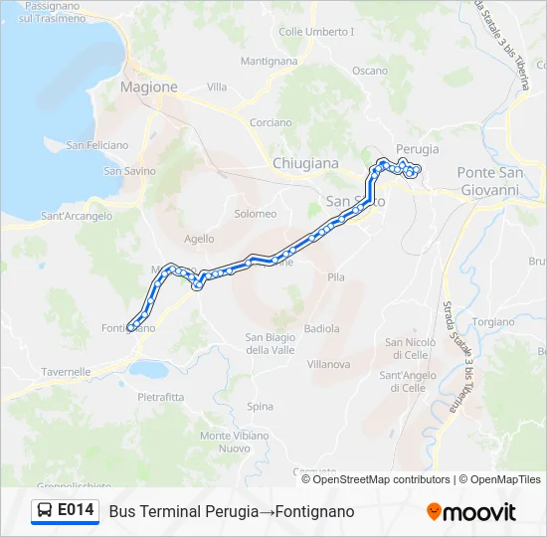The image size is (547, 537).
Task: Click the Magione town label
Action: pos(148,87)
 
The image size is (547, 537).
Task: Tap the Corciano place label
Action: pos(271,123)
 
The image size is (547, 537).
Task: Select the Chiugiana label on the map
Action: pos(305,163)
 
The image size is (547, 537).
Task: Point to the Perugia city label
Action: pos(416,149)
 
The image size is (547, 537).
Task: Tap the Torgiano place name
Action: pos(493,323)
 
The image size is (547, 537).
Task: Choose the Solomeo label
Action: pos(255,214)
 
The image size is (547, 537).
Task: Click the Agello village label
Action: pos(199,239)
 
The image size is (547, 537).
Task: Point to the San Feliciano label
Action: pos(96,145)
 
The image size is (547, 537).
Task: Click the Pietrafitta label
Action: pos(161,397)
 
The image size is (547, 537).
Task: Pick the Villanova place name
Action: pos(328,364)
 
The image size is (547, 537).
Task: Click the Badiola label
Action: pos(321,328)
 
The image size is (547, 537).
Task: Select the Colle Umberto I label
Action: pos(316,32)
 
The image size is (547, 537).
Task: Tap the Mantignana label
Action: pos(269,61)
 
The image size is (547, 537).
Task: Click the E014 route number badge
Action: pos(76,511)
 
